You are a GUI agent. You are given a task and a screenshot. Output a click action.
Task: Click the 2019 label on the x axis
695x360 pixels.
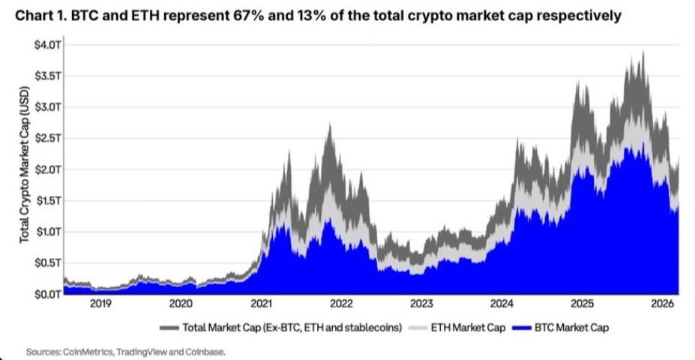(x=100, y=304)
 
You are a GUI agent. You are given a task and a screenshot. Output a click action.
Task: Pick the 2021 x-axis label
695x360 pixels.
(x=261, y=304)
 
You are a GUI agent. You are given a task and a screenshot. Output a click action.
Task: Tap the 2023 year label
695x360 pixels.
(x=421, y=304)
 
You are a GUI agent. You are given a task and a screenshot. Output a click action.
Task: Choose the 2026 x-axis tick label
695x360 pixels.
(x=662, y=304)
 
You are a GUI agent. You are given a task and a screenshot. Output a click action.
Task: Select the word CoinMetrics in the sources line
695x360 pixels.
(x=82, y=351)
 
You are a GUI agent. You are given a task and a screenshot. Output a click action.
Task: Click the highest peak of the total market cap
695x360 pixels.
(x=643, y=52)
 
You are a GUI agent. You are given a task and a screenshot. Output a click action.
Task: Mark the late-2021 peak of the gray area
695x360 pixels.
(x=329, y=124)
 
